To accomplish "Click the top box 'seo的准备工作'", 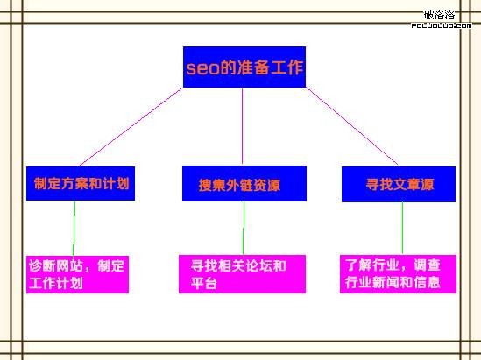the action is pyautogui.click(x=244, y=67).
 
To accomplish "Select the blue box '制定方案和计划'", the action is pyautogui.click(x=81, y=183).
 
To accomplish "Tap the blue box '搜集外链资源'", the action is pyautogui.click(x=244, y=183).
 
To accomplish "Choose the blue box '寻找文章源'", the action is pyautogui.click(x=399, y=184).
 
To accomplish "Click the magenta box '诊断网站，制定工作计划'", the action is pyautogui.click(x=77, y=274).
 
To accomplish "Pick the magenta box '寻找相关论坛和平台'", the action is pyautogui.click(x=242, y=274).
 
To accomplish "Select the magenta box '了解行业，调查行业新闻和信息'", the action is pyautogui.click(x=398, y=274).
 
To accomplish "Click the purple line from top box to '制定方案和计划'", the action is pyautogui.click(x=131, y=127).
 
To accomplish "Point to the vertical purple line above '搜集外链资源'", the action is pyautogui.click(x=242, y=126).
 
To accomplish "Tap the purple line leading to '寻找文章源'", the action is pyautogui.click(x=352, y=126).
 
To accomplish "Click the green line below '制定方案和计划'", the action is pyautogui.click(x=74, y=229).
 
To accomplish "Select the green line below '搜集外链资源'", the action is pyautogui.click(x=244, y=228).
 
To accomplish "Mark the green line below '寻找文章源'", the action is pyautogui.click(x=402, y=228).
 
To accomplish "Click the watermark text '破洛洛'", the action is pyautogui.click(x=439, y=15).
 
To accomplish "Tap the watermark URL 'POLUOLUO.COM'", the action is pyautogui.click(x=442, y=25).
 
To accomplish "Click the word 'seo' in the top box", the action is pyautogui.click(x=202, y=68).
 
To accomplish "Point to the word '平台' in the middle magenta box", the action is pyautogui.click(x=204, y=283).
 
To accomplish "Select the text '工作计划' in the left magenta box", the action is pyautogui.click(x=56, y=283).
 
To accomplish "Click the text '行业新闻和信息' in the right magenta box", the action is pyautogui.click(x=393, y=282).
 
